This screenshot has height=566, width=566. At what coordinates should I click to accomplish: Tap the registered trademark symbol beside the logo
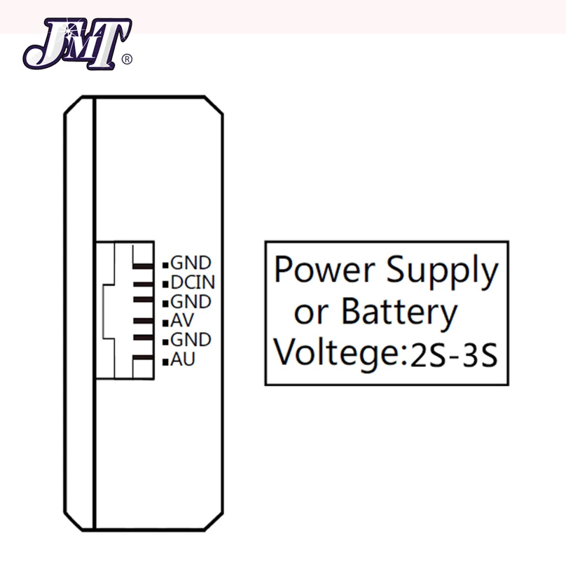127,60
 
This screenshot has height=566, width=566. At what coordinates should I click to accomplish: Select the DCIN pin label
193,283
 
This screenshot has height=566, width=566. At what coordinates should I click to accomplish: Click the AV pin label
182,321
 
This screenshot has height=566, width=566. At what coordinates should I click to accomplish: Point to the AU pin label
183,360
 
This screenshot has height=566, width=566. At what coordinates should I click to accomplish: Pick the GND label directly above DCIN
191,264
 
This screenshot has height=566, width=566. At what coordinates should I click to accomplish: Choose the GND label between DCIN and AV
191,302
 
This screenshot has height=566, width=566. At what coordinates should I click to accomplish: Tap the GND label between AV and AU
191,340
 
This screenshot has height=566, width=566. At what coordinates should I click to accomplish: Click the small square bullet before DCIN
166,284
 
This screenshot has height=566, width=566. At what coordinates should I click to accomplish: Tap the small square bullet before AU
166,361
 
